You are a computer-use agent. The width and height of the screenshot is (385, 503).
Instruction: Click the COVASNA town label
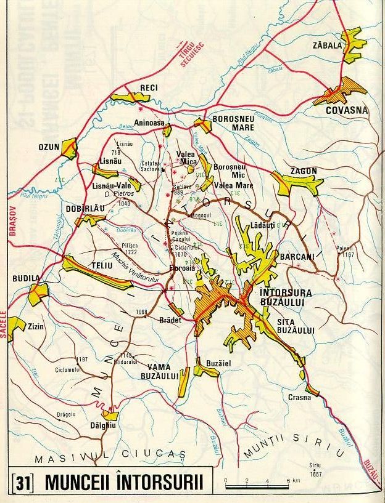coord(346,110)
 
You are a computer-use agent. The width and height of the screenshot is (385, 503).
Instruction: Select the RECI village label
coord(149,88)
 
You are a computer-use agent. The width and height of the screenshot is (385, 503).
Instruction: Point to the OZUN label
coord(48,148)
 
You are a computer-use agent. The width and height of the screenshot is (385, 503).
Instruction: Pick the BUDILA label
coord(23,278)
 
